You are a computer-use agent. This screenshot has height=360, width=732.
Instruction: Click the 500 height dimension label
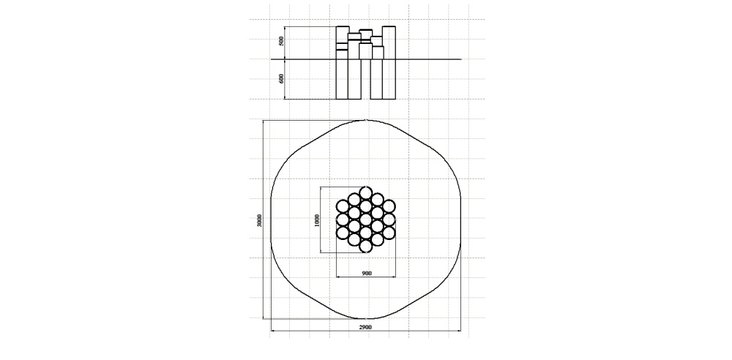[x=281, y=41]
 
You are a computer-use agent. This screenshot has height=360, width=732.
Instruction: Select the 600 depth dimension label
[x=281, y=78]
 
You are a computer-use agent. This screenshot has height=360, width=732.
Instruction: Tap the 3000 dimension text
[x=260, y=220]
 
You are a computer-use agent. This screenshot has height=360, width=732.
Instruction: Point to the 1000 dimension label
[x=317, y=220]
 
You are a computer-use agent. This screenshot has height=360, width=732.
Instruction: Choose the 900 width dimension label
[x=367, y=273]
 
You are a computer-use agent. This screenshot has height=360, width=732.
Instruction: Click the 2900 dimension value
[x=365, y=327]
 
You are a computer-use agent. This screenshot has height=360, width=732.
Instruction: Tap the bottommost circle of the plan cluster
[x=365, y=247]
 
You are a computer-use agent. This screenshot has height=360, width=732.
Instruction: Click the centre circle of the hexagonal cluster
[x=365, y=220]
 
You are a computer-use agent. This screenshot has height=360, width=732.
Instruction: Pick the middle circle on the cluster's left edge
[x=343, y=220]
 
